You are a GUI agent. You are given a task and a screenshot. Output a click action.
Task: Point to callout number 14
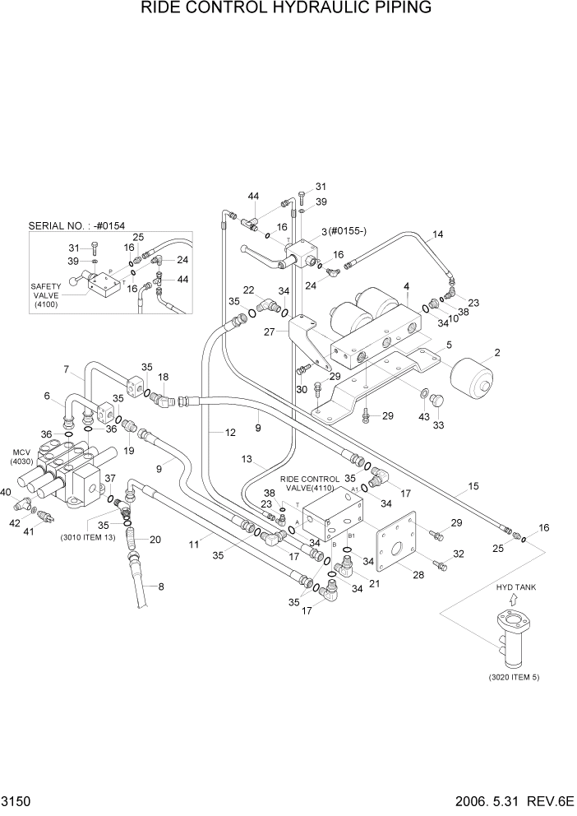(437, 234)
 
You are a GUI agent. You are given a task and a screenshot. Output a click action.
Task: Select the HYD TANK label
(515, 587)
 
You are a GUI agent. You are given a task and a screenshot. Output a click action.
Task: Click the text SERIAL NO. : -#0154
(76, 225)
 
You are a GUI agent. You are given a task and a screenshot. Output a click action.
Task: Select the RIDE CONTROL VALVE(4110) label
(310, 483)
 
